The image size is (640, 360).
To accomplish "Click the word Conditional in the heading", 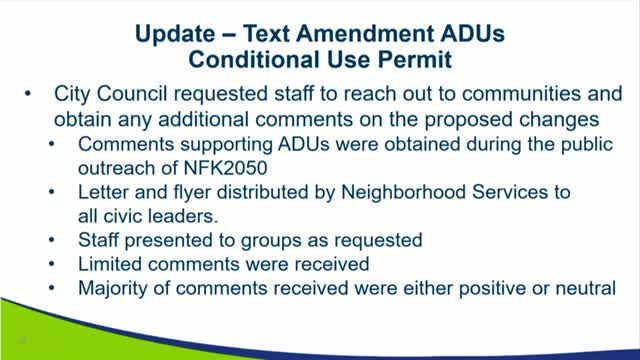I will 272,60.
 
